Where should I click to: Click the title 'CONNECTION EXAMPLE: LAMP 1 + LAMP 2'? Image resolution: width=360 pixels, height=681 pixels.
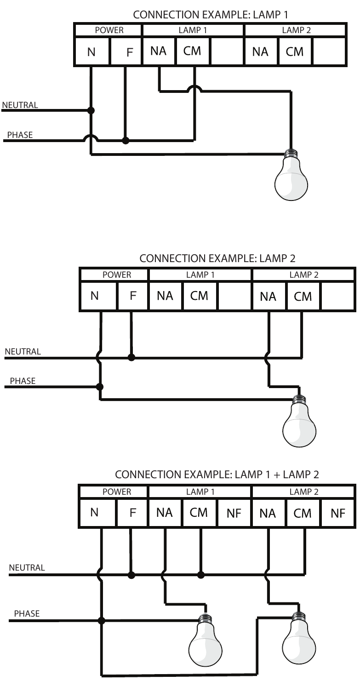(x=217, y=474)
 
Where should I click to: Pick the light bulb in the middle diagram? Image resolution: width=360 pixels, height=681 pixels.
(x=299, y=421)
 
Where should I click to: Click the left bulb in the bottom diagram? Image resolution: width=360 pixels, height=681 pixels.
(x=206, y=640)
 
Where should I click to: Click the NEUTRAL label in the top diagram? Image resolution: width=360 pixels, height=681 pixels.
(x=20, y=105)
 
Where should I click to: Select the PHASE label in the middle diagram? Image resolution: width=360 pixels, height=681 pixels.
(x=23, y=381)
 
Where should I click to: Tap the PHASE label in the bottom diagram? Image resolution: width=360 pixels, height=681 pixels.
(x=27, y=613)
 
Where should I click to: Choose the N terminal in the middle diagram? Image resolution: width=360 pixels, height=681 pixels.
(x=95, y=296)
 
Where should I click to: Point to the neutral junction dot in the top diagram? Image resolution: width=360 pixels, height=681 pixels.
(x=91, y=110)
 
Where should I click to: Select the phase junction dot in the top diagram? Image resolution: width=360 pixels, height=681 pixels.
(x=125, y=140)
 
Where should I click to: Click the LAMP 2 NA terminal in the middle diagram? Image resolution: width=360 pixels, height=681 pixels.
(x=268, y=297)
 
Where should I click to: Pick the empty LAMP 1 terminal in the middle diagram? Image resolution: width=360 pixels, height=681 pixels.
(x=234, y=296)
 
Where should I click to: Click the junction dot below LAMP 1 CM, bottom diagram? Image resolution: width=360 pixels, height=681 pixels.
(x=200, y=575)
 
